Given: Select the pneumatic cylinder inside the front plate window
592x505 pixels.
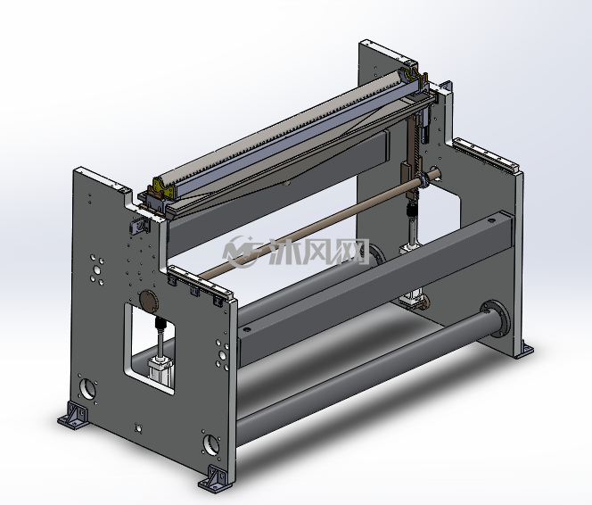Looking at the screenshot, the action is pos(160,369).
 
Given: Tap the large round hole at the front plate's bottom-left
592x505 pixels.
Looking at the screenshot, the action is pos(87,389).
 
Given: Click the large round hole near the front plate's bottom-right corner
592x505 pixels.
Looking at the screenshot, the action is pos(211,445).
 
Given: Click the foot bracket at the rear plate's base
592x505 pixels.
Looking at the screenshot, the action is pos(523,349).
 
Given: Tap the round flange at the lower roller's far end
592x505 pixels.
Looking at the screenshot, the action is pos(496,318).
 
